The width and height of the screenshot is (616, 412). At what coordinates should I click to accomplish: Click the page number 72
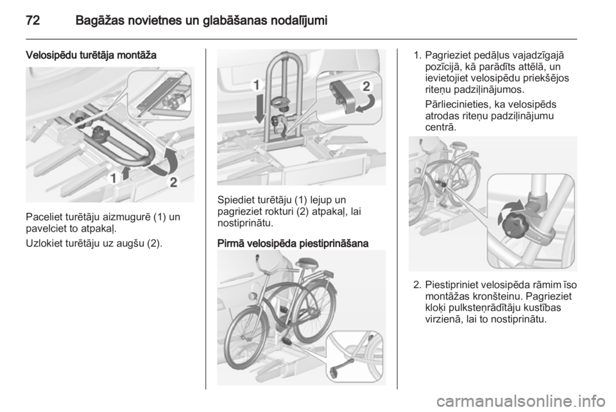[x=33, y=20]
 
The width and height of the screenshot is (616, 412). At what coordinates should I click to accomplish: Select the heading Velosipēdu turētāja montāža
[x=91, y=55]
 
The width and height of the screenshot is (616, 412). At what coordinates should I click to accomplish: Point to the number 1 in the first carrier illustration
[x=113, y=178]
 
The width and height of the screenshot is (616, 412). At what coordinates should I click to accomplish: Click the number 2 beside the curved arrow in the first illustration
[x=174, y=182]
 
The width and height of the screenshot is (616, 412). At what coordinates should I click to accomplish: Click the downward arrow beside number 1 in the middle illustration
[x=259, y=107]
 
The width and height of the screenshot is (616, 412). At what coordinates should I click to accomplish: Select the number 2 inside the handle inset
[x=366, y=86]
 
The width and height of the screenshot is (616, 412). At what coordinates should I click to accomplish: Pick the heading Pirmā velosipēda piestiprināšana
[x=293, y=243]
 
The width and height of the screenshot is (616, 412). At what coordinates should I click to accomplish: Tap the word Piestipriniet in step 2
[x=451, y=285]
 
